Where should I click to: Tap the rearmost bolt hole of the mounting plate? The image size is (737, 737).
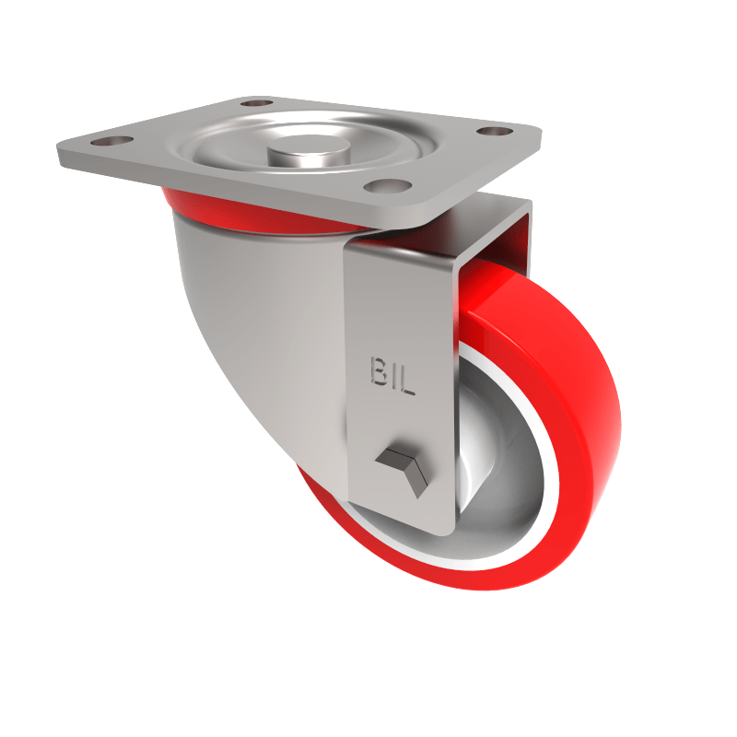click(259, 102)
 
